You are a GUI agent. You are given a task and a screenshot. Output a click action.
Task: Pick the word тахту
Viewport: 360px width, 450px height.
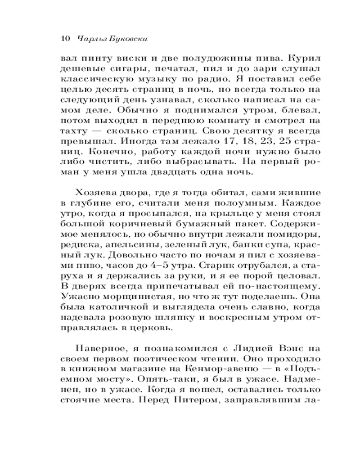[71, 131]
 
